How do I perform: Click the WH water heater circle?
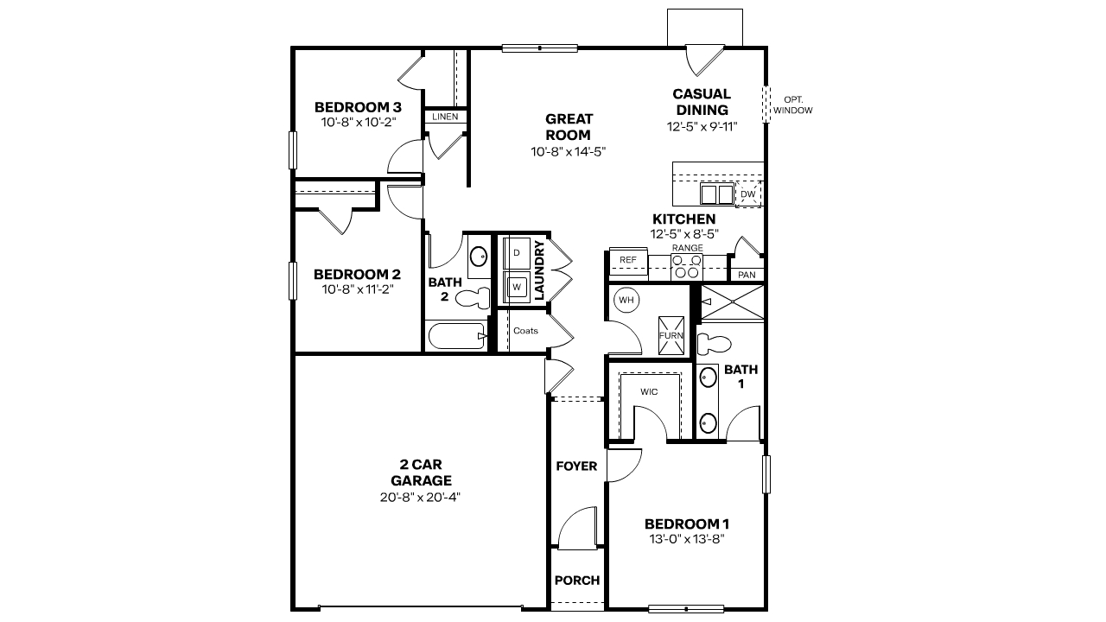pos(626,301)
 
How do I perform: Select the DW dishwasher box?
pos(747,195)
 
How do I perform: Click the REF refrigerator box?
pos(628,259)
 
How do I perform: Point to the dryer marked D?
pos(517,253)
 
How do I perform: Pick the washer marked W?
pos(517,285)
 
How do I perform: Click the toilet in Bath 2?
pos(471,300)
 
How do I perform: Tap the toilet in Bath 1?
pos(713,343)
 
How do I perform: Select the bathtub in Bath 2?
pos(456,336)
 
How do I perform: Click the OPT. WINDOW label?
pos(792,105)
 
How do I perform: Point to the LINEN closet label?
pos(445,116)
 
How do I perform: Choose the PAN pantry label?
pos(747,275)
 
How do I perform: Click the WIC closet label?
pos(649,391)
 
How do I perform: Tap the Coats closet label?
pos(525,331)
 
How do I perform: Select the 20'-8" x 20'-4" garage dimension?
pos(421,497)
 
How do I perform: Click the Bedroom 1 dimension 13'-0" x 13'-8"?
pos(687,539)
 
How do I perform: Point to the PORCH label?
pos(576,581)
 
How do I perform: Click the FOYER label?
pos(576,466)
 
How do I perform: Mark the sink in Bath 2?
pos(478,256)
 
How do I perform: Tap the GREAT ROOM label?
pos(569,127)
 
